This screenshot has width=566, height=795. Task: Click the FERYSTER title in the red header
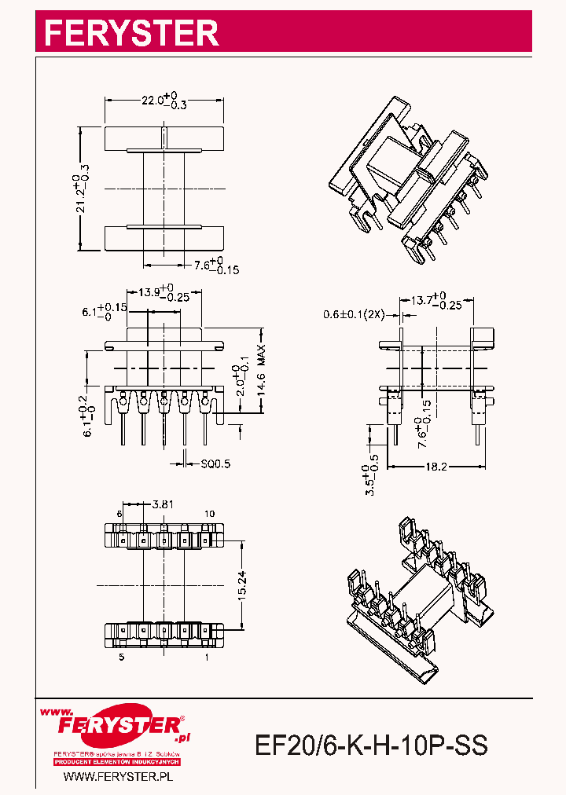[130, 33]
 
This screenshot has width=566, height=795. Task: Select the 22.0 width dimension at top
[162, 101]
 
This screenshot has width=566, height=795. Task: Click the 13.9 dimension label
[164, 293]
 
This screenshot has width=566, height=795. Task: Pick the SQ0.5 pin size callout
[215, 464]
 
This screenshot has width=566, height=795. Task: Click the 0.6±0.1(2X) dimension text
[353, 314]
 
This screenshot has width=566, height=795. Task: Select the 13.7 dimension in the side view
[436, 301]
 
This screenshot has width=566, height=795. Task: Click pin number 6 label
[120, 513]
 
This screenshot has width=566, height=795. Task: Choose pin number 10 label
[209, 513]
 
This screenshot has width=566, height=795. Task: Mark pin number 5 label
[121, 656]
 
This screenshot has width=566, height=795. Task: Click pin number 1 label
[207, 656]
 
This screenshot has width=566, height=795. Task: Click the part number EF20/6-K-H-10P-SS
[372, 745]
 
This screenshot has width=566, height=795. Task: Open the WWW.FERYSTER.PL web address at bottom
[117, 777]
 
